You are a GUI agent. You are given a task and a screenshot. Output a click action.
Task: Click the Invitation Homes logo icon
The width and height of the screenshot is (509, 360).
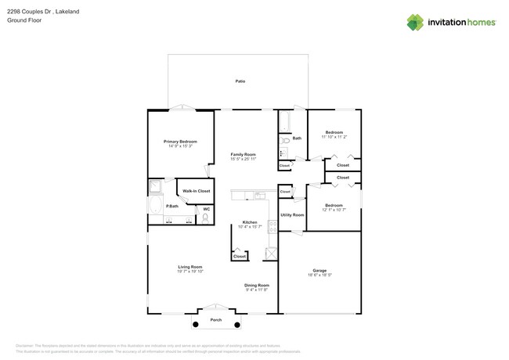tap(414, 23)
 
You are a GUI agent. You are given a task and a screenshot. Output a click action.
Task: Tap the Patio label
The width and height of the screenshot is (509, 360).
tap(240, 81)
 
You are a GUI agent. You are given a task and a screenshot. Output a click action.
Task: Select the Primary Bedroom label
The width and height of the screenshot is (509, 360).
tap(180, 142)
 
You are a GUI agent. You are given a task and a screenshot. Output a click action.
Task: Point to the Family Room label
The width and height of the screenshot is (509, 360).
tap(244, 155)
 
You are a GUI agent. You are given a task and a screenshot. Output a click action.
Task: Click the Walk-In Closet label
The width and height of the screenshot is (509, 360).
tap(196, 191)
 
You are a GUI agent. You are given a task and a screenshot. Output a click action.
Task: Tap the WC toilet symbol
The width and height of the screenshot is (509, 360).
tap(205, 220)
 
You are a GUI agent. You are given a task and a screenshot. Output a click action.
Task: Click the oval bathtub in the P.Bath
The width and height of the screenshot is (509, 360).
tap(155, 207)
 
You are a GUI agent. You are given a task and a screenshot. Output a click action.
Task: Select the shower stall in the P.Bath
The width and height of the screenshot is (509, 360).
tap(155, 186)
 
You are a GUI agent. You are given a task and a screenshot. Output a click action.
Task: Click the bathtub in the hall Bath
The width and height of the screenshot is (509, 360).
tap(283, 122)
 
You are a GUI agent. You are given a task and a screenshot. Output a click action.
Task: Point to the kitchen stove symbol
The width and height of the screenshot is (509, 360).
tap(272, 227)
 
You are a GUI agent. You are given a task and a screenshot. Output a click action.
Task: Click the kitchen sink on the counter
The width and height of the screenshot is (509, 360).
tap(254, 195)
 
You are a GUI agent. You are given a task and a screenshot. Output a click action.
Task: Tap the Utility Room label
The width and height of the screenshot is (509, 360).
tap(292, 214)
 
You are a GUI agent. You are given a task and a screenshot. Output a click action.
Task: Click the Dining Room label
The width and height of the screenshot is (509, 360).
tap(256, 285)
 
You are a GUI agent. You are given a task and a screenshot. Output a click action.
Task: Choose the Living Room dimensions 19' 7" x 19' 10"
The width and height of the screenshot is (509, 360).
tap(190, 272)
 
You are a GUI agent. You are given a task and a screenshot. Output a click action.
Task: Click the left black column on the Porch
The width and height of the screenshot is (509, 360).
tap(194, 320)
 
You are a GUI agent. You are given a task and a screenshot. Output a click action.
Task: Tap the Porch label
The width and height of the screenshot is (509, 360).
tap(216, 320)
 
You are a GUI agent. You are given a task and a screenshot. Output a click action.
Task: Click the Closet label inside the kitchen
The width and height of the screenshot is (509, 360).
tap(240, 256)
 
